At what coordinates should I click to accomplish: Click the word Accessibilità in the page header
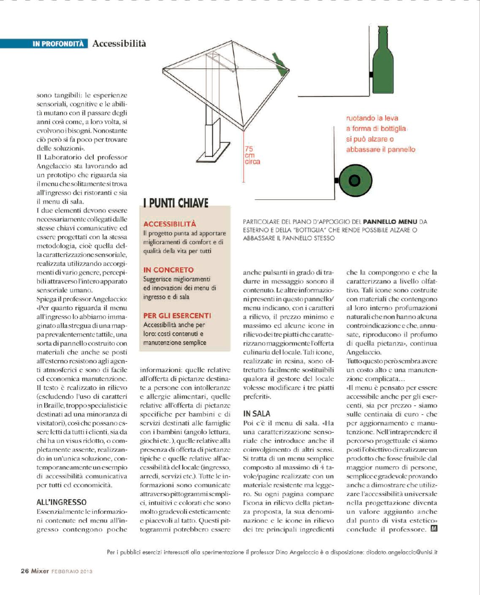pos(119,43)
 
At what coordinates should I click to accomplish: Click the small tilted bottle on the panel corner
pos(279,64)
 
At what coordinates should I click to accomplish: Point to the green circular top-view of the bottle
pos(354,181)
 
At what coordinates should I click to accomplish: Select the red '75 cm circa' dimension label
pos(252,155)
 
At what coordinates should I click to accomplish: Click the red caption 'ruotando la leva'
pos(372,118)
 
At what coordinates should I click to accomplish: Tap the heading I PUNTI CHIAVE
pos(176,203)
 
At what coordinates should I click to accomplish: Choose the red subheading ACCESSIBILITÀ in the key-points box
pos(170,224)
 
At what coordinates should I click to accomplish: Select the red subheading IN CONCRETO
pos(168,270)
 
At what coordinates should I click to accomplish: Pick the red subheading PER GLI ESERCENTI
pos(177,315)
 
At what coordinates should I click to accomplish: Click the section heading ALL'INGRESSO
pos(62,502)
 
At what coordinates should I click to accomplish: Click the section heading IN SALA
pos(257,414)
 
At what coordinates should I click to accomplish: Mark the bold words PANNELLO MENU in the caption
pos(390,221)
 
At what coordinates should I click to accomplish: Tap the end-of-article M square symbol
pos(434,529)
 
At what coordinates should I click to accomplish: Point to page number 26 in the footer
pos(25,571)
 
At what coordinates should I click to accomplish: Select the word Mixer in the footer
pos(40,571)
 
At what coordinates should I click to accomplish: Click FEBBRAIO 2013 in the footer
pos(72,571)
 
